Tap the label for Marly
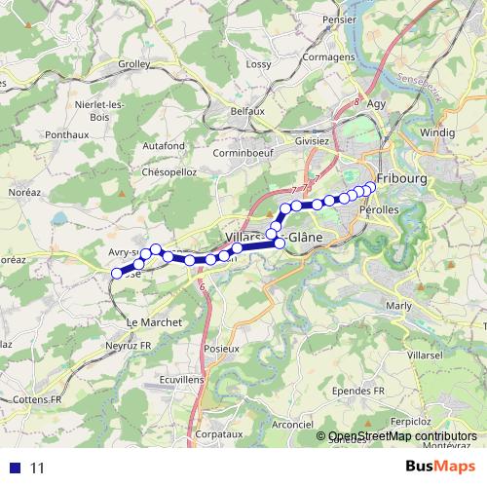(x=399, y=305)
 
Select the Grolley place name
(x=133, y=64)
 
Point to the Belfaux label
(x=247, y=111)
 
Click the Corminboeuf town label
(x=239, y=153)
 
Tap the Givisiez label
(x=312, y=140)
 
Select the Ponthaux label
(x=67, y=134)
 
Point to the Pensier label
(x=339, y=19)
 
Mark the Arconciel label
(x=292, y=424)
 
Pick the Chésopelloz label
(x=169, y=171)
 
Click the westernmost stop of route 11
(x=117, y=274)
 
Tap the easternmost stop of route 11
(x=370, y=187)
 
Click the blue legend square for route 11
(x=14, y=468)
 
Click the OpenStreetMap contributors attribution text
(x=402, y=435)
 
